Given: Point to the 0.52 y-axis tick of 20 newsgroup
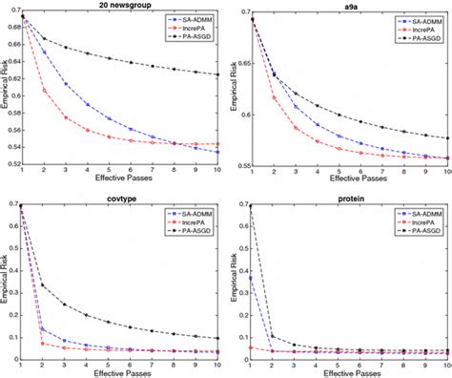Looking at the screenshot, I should point(11,164).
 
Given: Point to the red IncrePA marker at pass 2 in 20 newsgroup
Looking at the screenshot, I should point(44,91).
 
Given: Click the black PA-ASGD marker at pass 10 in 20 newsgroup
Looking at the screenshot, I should point(218,74).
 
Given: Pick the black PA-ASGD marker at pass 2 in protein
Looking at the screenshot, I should point(271,336).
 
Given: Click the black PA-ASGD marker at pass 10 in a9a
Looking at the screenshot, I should point(445,137).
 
